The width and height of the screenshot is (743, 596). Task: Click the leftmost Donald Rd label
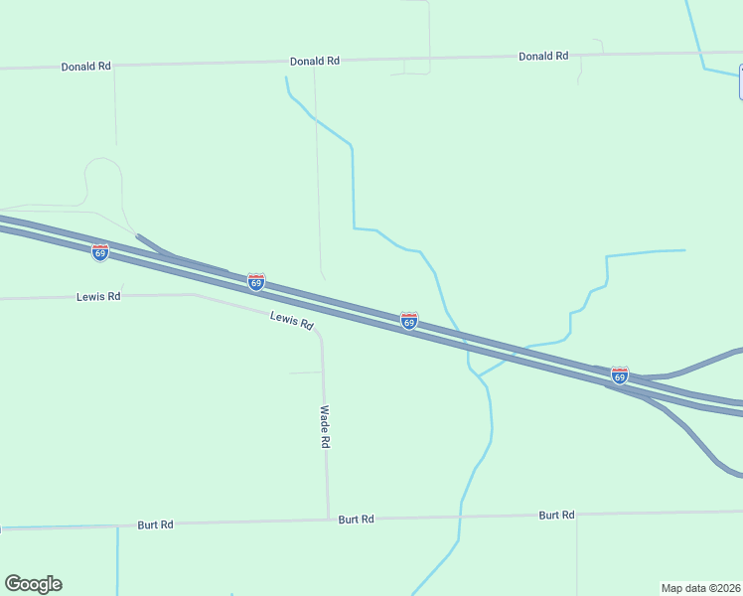[x=85, y=67]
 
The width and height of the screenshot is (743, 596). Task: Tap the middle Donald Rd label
[x=315, y=61]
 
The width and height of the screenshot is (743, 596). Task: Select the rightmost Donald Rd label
[x=543, y=56]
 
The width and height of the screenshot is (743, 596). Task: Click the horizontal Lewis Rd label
[x=98, y=296]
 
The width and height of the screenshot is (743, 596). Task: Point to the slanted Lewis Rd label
[x=292, y=320]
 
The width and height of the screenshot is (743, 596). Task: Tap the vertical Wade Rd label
[x=325, y=426]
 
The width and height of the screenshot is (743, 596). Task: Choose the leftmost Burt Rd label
[x=156, y=523]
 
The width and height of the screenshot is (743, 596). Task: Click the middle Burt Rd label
[x=356, y=519]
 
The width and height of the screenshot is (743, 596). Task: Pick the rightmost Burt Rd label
[x=556, y=515]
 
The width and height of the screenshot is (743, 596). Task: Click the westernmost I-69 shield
[x=100, y=252]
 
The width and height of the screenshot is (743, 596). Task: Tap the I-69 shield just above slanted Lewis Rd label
[x=256, y=282]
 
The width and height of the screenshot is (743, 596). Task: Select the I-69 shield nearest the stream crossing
[x=409, y=321]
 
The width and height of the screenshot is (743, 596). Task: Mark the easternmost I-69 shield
[x=620, y=375]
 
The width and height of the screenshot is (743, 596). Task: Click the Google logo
[x=33, y=584]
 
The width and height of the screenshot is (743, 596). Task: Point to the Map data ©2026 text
[x=700, y=588]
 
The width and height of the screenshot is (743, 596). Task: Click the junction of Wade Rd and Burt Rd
[x=329, y=519]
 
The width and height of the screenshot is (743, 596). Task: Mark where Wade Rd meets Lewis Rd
[x=320, y=336]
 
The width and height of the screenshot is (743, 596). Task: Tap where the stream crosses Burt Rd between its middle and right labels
[x=460, y=517]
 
